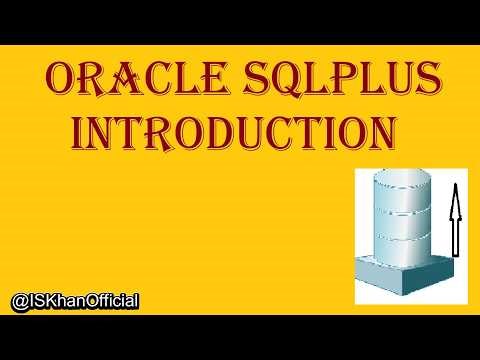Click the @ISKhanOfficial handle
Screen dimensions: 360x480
coord(74,300)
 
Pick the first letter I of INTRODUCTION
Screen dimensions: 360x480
coord(83,134)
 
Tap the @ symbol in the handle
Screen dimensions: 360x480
coord(17,300)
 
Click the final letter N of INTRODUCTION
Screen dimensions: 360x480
coord(371,134)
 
